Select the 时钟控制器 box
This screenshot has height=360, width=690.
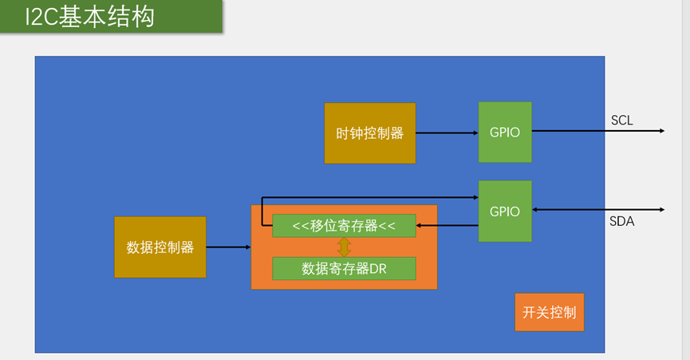coord(369,133)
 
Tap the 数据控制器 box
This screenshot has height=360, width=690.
coord(160,247)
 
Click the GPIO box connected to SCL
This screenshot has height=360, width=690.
coord(504,133)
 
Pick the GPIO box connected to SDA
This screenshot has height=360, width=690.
coord(504,212)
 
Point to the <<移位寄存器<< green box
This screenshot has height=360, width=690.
coord(344,226)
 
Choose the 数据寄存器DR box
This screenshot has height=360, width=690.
coord(344,269)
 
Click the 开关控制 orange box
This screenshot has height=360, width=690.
coord(549,312)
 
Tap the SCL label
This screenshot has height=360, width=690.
coord(622,121)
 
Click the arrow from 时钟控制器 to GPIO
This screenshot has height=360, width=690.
coord(446,133)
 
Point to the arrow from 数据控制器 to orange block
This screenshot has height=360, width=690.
coord(228,248)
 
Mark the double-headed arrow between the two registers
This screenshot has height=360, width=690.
coord(345,247)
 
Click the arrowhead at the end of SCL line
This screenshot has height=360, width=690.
coord(661,131)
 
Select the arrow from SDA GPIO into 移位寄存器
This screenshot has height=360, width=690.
coord(447,226)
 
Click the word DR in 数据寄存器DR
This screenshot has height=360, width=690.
coord(377,269)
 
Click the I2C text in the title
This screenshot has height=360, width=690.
coord(41,17)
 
